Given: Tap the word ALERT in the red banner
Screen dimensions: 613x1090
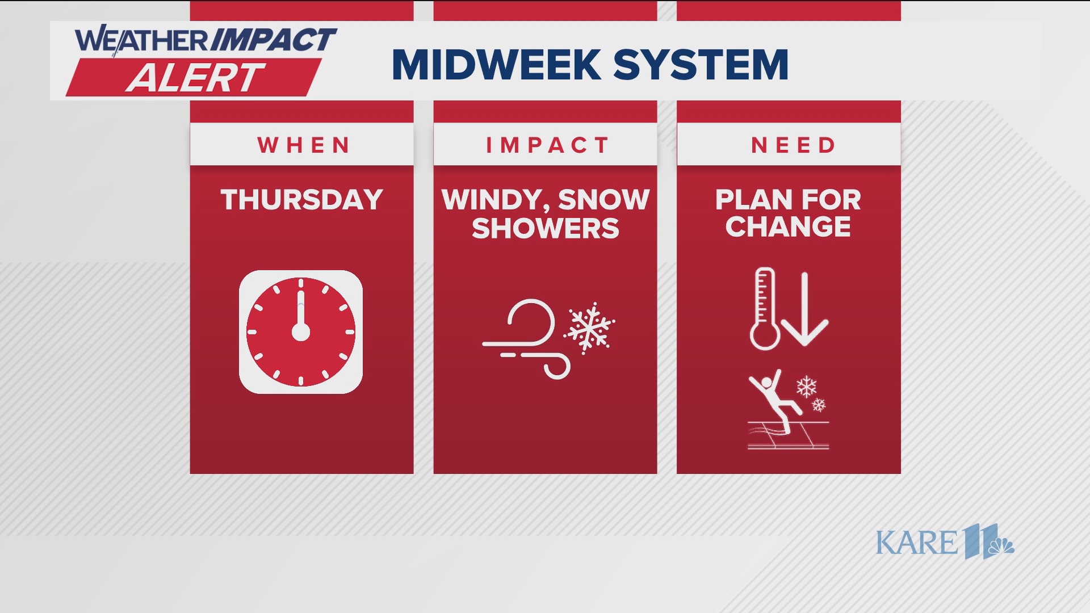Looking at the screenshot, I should click(x=195, y=78).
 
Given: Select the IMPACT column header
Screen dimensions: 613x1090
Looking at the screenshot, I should click(x=546, y=145).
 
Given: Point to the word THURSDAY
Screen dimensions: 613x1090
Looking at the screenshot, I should click(x=302, y=200).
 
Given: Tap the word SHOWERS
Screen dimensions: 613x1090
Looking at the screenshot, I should click(x=545, y=228).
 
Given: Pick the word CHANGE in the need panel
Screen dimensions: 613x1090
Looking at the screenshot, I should click(x=788, y=227).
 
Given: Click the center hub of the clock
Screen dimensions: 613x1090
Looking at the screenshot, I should click(x=300, y=332).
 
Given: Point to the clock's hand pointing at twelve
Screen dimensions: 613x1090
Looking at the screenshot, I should click(x=300, y=306).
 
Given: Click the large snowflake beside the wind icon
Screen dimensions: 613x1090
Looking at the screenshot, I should click(x=590, y=328).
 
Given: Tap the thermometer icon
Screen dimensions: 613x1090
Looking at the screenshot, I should click(x=764, y=309).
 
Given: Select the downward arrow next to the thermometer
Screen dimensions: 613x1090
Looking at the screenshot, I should click(x=804, y=309).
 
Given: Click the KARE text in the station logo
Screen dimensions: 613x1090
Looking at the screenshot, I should click(x=916, y=543).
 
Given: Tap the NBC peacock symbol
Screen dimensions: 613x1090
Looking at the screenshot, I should click(x=1001, y=545).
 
